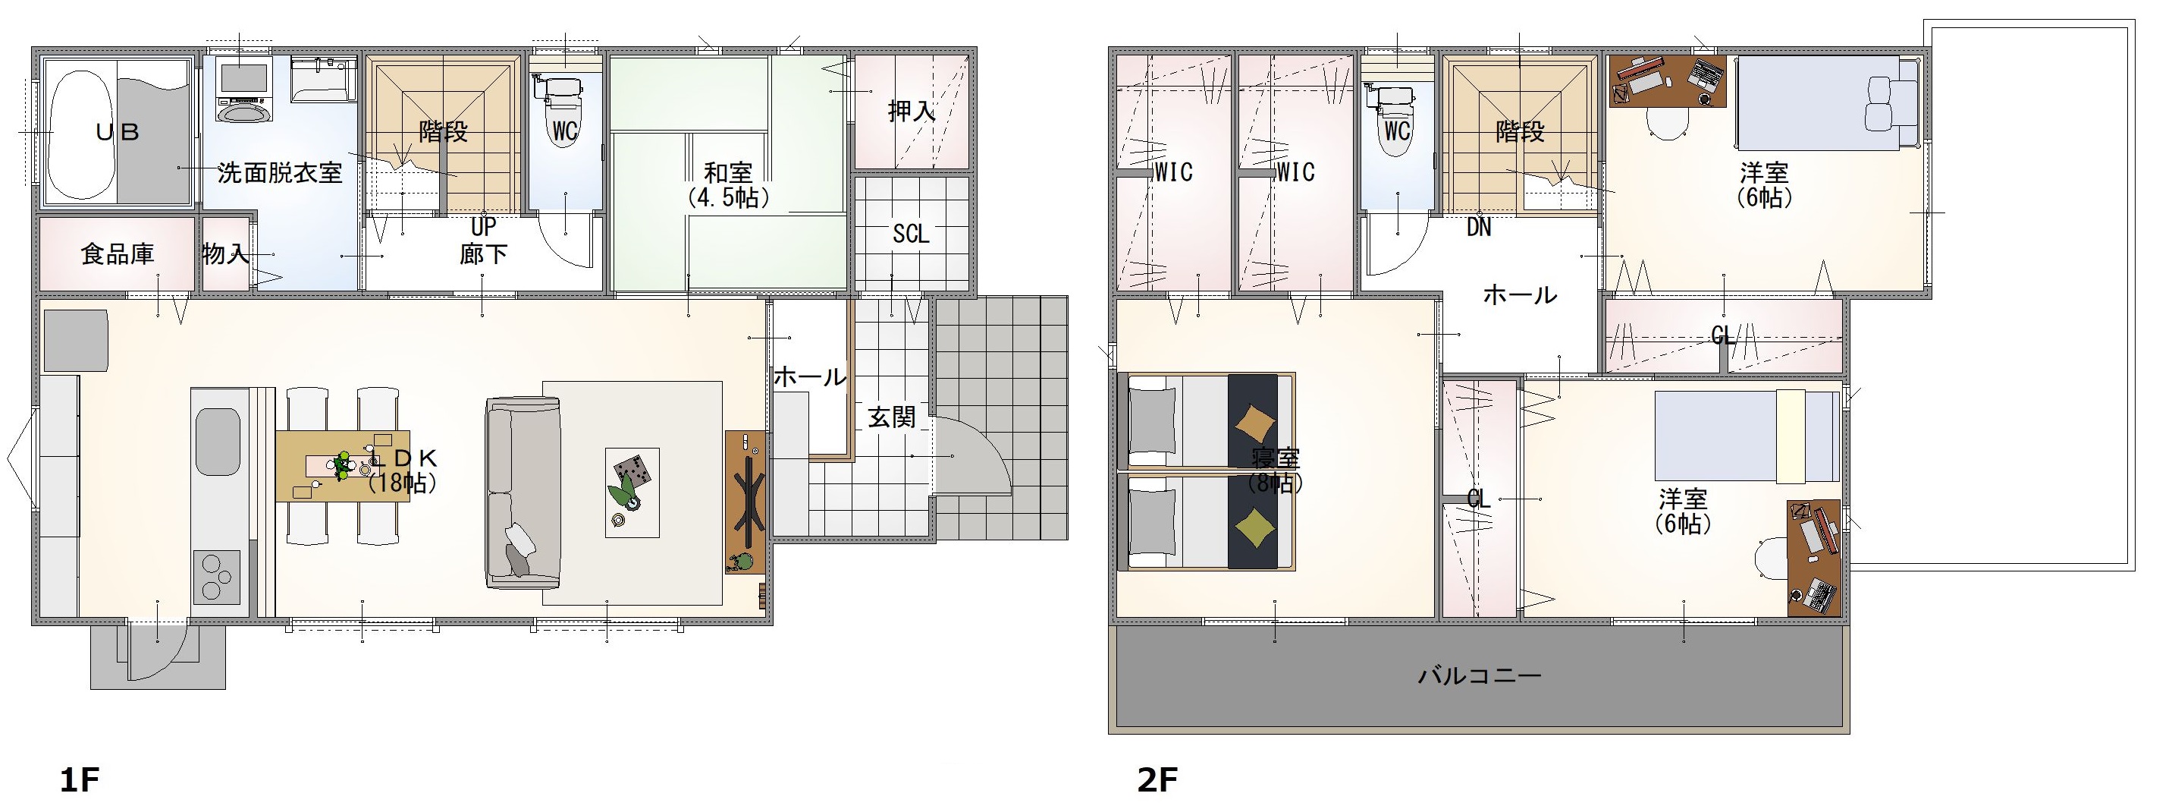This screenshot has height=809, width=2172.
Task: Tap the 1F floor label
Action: point(80,779)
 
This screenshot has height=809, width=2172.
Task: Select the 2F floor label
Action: point(1157,779)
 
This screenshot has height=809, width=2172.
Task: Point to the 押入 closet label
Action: point(912,111)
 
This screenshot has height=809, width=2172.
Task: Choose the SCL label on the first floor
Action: point(911,234)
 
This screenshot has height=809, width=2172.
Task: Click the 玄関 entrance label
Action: point(891,417)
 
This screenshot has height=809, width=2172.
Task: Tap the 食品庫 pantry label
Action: point(118,254)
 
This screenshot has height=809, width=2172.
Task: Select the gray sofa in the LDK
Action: point(523,493)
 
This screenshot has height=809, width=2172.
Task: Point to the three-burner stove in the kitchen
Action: point(217,577)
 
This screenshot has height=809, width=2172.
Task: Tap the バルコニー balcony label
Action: point(1479,675)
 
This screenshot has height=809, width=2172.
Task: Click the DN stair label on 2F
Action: point(1479,227)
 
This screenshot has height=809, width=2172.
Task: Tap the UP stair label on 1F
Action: point(483,226)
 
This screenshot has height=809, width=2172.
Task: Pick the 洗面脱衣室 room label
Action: point(280,173)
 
